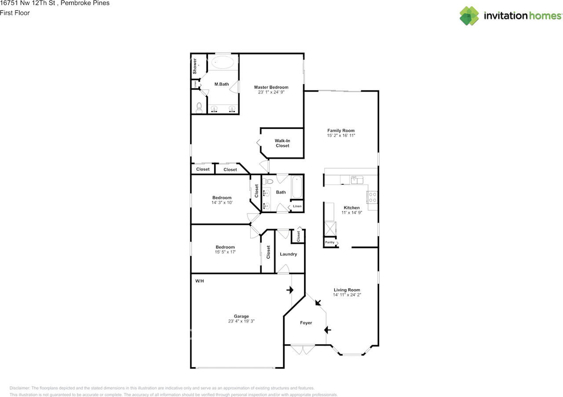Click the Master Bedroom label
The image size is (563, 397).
(x=271, y=87)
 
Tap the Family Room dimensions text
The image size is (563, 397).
(x=341, y=136)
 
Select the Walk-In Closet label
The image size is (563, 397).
(x=282, y=143)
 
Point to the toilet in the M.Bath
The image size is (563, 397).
(x=199, y=107)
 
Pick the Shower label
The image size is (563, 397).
(x=195, y=66)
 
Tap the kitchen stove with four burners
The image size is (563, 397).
(x=372, y=197)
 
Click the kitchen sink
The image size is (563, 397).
(x=357, y=180)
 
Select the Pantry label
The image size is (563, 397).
(x=329, y=243)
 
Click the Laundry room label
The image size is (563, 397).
(x=289, y=254)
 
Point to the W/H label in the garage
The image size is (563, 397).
(x=200, y=281)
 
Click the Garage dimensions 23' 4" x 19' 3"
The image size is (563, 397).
(x=241, y=321)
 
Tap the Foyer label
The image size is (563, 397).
(x=306, y=323)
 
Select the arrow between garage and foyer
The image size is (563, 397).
(x=289, y=290)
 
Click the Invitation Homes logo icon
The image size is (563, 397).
(x=469, y=16)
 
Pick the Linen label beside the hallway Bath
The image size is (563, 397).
(x=297, y=206)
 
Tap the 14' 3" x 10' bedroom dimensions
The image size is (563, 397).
(x=222, y=203)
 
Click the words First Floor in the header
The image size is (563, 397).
(x=15, y=13)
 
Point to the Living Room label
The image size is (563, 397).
(x=347, y=290)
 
